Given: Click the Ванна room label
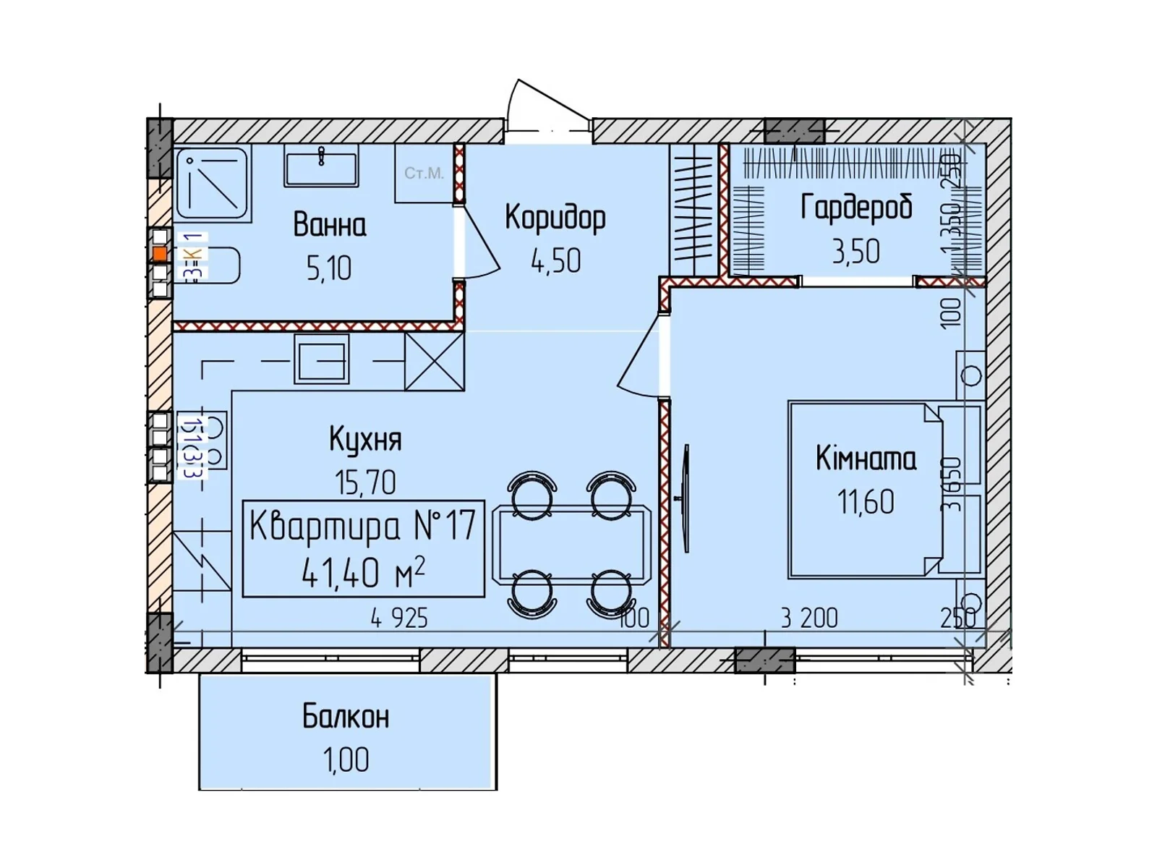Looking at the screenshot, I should (x=329, y=225).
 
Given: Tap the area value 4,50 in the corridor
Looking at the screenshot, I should (x=555, y=261).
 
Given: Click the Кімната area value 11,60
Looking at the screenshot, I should (x=866, y=501).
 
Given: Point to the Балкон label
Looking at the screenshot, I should (x=346, y=716).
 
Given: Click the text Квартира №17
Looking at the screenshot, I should (x=362, y=526).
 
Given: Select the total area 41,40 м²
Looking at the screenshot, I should (x=362, y=574).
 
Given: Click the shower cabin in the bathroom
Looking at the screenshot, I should (x=212, y=182).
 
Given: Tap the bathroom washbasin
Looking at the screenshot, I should (x=321, y=166).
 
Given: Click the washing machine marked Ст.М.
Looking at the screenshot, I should (x=424, y=174).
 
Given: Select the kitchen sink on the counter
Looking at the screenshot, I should (x=321, y=359).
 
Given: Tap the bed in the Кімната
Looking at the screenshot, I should (x=866, y=490).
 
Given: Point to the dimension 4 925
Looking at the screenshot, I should (x=399, y=618).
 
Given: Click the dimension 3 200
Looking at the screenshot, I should (x=809, y=618).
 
